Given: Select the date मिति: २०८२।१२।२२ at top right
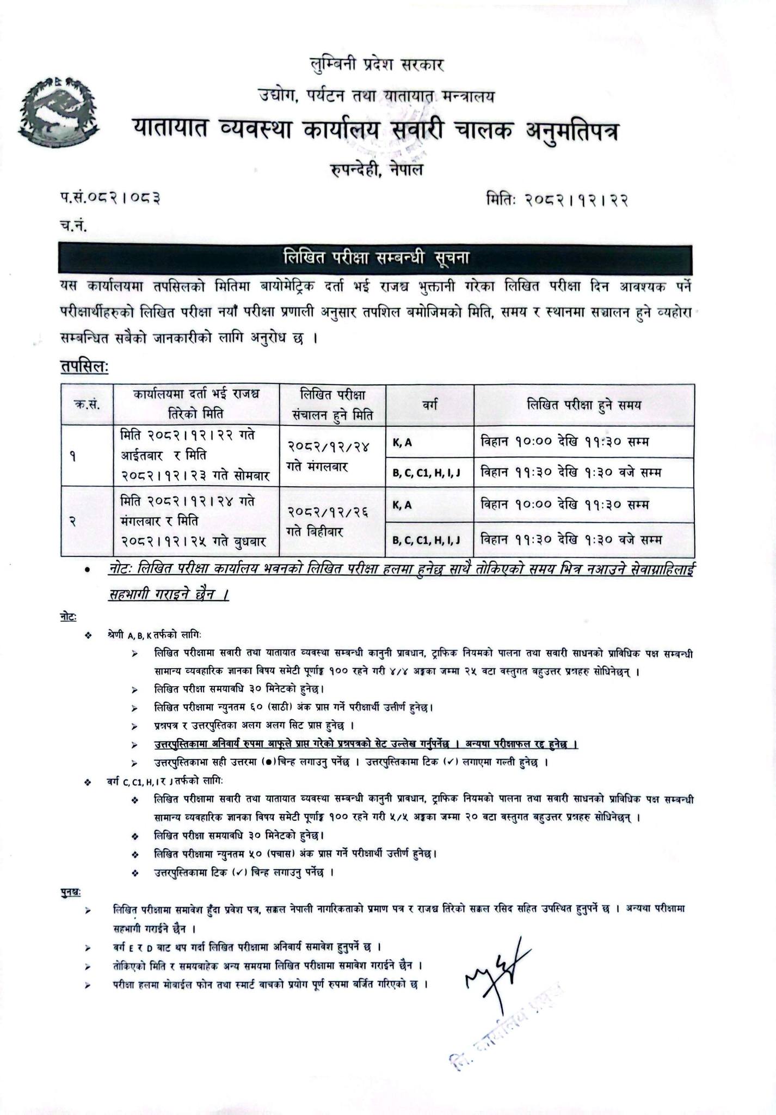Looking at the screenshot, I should point(558,200).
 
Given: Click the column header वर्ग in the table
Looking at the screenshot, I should point(429,405).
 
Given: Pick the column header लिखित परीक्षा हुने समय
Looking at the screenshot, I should point(583,405).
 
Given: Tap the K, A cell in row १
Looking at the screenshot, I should point(402,443).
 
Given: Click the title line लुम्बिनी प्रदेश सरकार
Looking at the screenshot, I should point(375,65).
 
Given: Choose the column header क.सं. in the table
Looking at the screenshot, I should point(87,405).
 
